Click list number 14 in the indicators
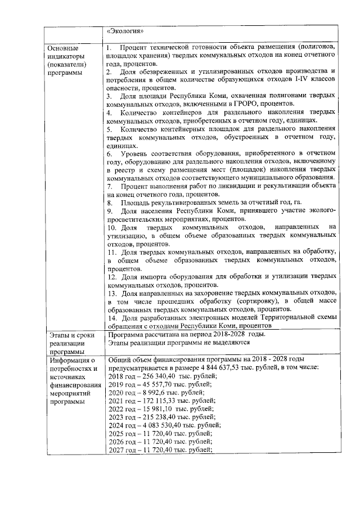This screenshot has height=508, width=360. tap(111, 318)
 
